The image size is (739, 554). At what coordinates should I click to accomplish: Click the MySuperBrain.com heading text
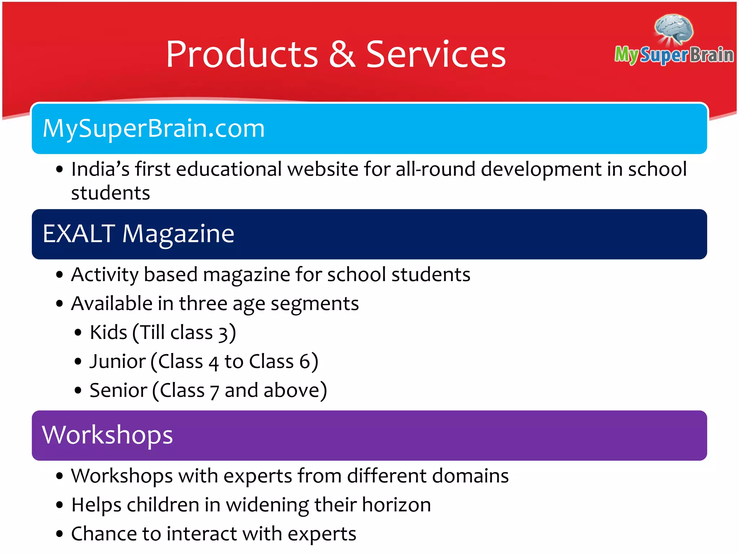154,129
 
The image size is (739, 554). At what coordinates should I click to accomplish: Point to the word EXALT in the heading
79,234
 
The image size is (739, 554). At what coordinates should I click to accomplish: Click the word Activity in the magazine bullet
105,275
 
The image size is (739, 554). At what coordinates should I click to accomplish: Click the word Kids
108,332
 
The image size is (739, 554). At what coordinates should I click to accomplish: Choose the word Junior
118,361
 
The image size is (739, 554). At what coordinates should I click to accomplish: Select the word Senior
118,391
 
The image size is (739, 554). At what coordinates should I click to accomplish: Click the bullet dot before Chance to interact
60,534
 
